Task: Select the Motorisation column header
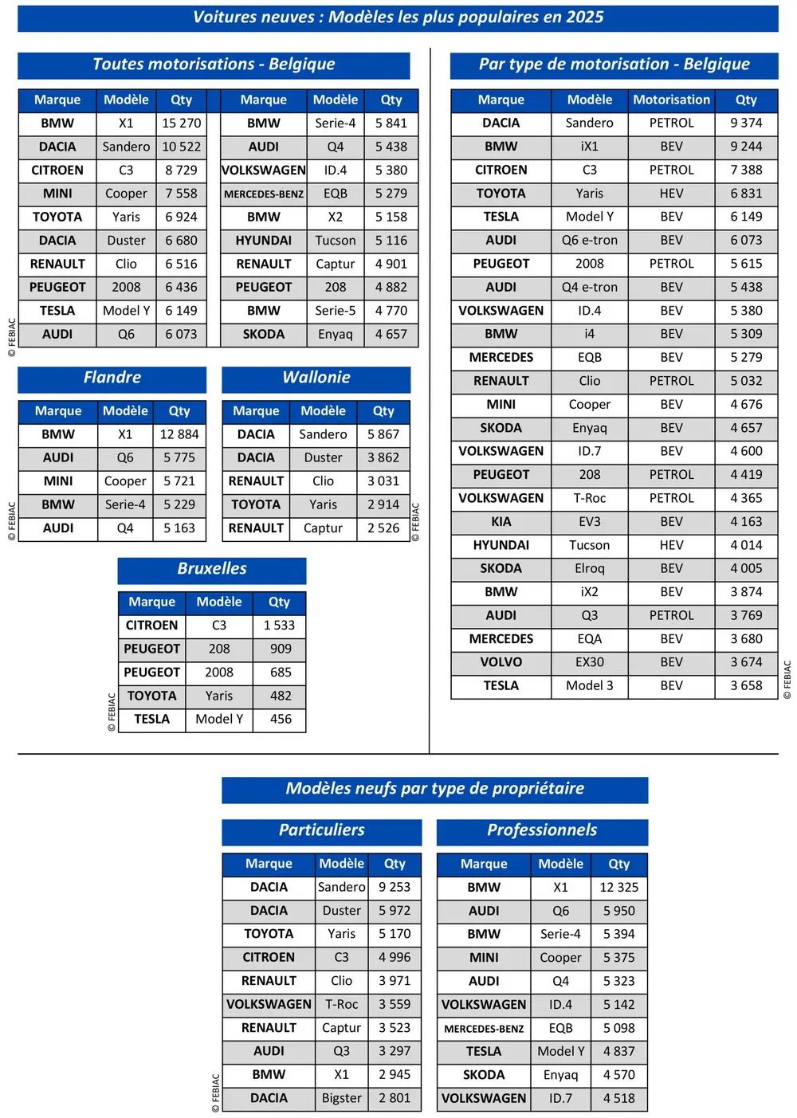click(671, 100)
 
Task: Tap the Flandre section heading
click(112, 378)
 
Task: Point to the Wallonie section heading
click(316, 378)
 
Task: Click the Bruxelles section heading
click(212, 569)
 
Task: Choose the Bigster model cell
click(341, 1098)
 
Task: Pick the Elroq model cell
click(589, 569)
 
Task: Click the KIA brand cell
click(501, 522)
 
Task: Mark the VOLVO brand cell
click(501, 662)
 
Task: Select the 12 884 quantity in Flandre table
click(179, 434)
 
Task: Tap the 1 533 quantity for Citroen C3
click(279, 626)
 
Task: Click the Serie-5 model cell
click(335, 311)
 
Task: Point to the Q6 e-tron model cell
click(589, 241)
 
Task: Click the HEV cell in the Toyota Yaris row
click(671, 194)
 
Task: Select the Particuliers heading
click(321, 830)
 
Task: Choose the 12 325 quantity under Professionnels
click(618, 888)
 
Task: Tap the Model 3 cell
click(589, 686)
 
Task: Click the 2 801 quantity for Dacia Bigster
click(395, 1098)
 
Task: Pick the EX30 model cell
click(589, 662)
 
